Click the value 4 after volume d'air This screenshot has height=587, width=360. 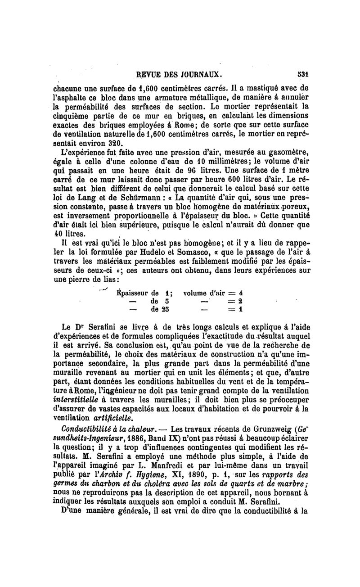coord(241,293)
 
